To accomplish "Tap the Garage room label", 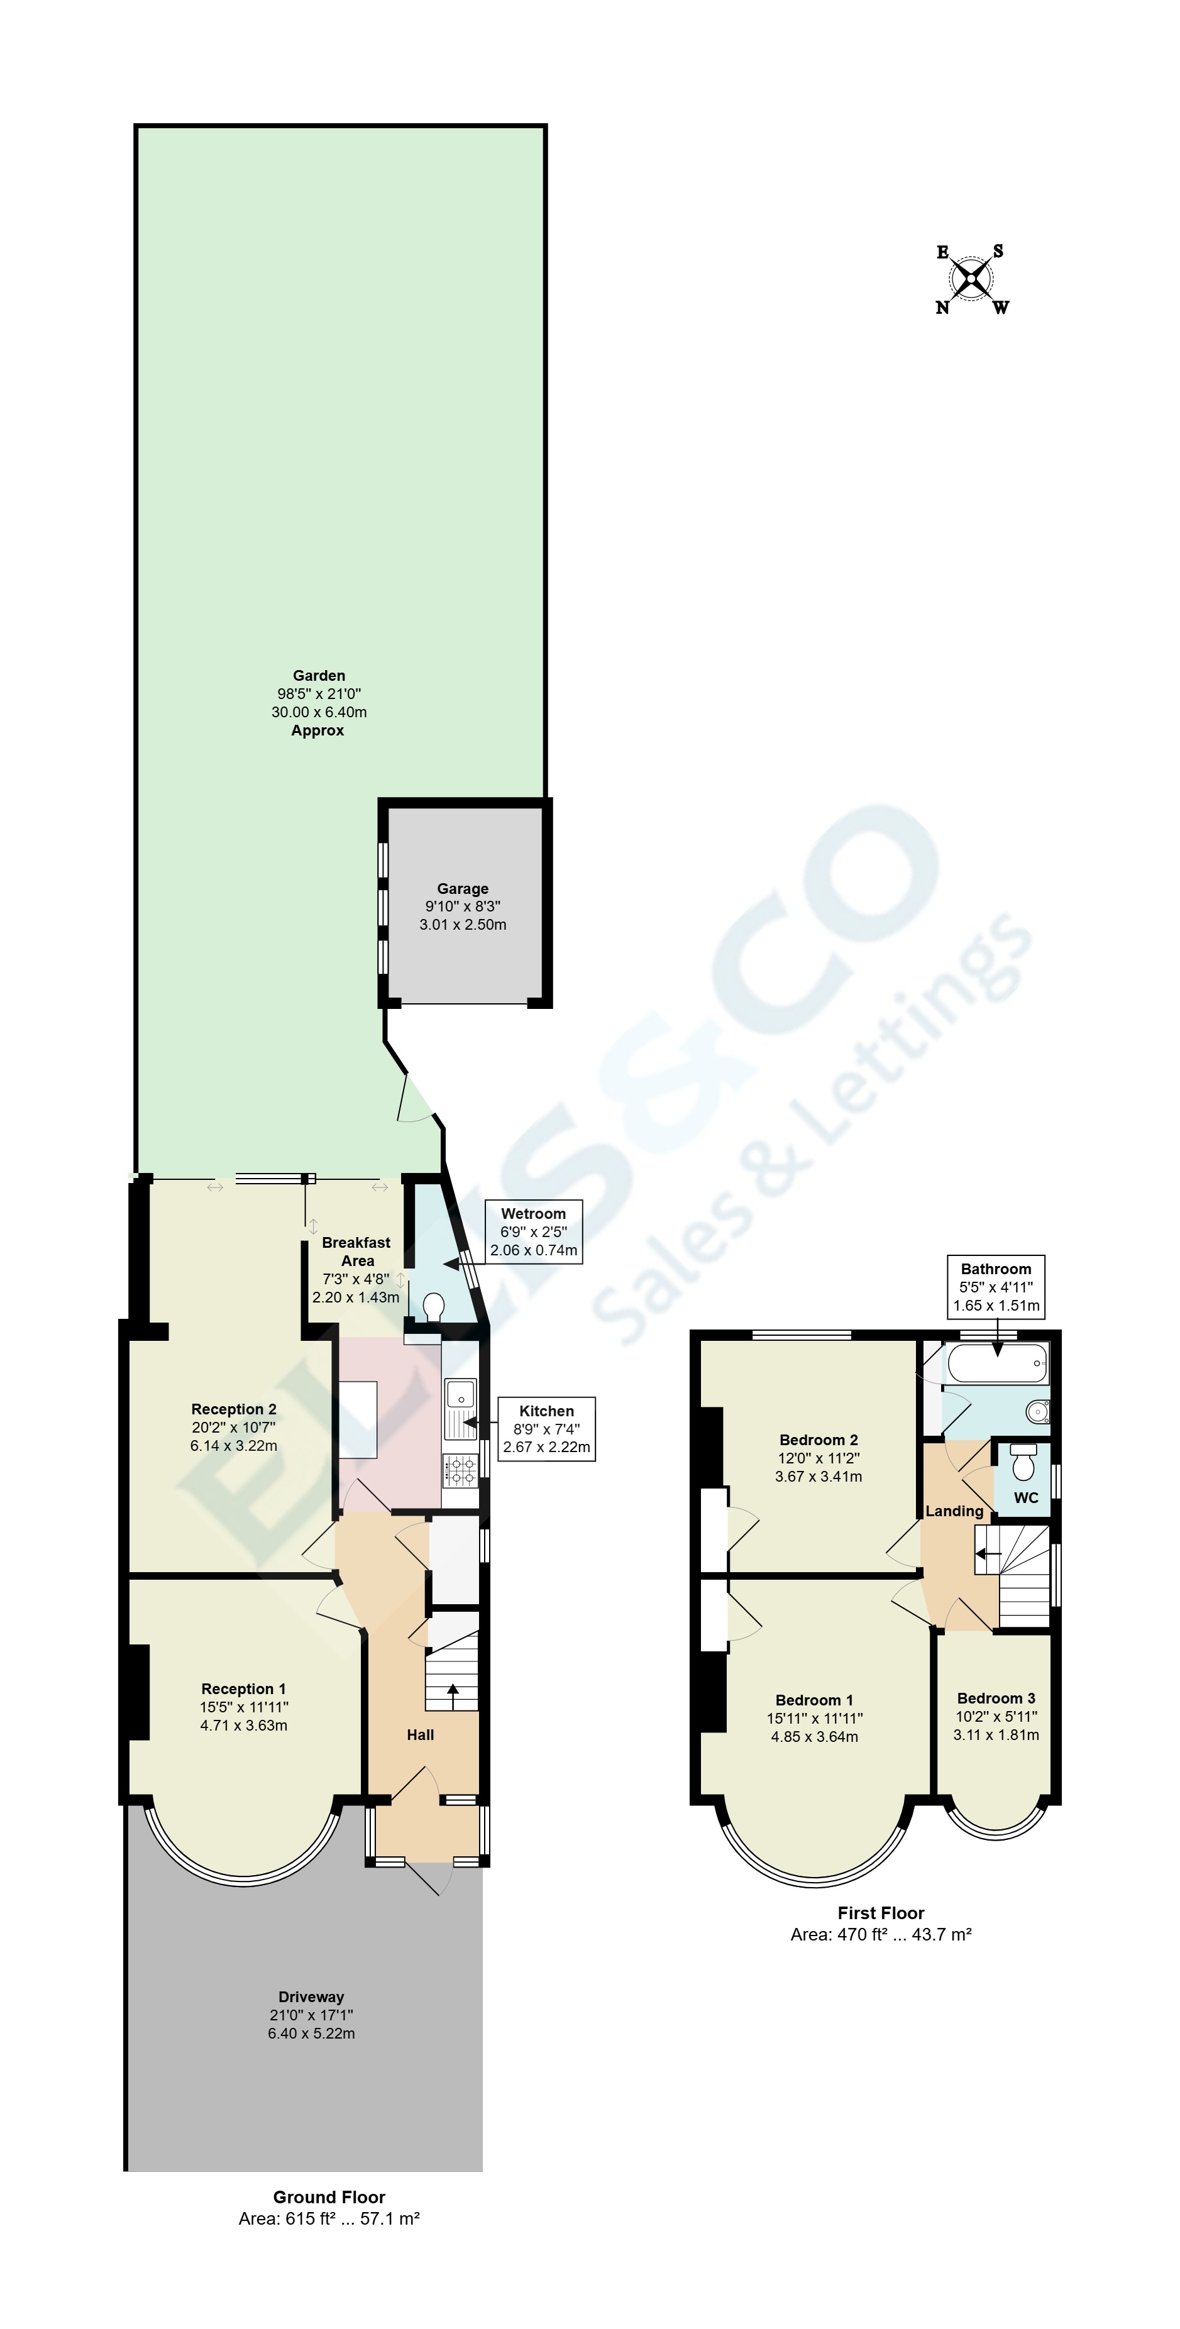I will (462, 889).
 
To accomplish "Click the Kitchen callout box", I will (546, 1428).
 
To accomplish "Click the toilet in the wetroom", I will (434, 1306).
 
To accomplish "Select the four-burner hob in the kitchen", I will (460, 1470).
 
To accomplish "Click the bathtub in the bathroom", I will (996, 1362).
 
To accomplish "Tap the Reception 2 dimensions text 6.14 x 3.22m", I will (233, 1445).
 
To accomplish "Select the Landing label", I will (954, 1511).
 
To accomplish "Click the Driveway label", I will (311, 1996).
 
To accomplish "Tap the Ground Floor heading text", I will (329, 2196).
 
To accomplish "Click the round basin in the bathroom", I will (1039, 1411).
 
